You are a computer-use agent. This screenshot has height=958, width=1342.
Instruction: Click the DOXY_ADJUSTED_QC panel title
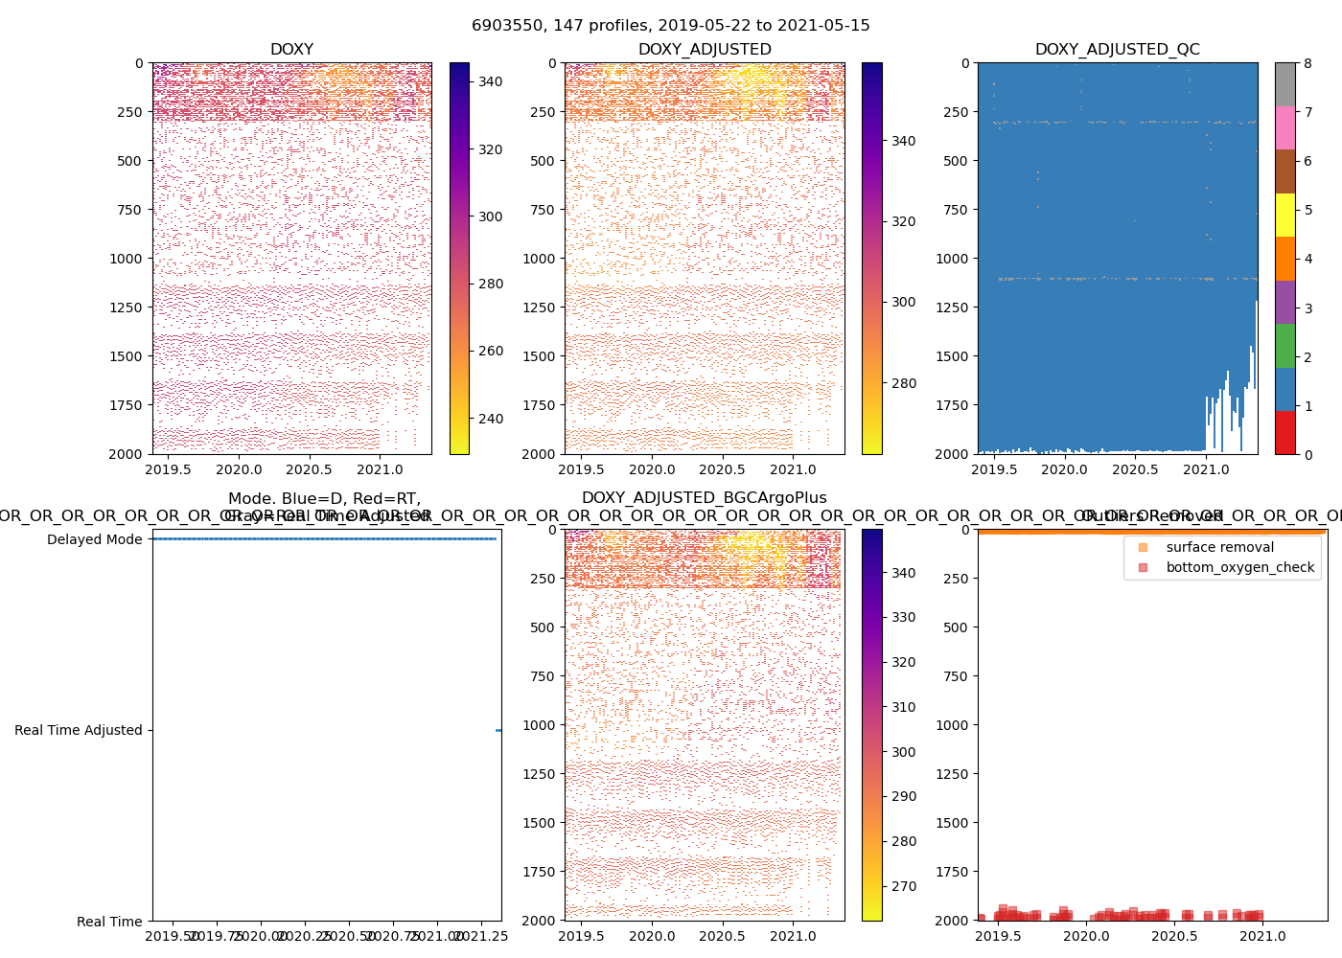point(1117,50)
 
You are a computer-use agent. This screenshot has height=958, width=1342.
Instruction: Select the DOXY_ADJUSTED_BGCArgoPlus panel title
point(704,498)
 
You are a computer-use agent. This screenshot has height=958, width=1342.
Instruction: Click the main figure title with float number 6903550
point(671,26)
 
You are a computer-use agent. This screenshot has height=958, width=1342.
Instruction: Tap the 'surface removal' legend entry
point(1219,547)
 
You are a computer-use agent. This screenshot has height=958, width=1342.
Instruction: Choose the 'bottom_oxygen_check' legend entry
point(1239,567)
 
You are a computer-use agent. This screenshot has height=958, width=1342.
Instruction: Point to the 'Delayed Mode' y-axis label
point(94,539)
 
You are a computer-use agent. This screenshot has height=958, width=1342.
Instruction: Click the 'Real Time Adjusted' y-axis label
point(78,730)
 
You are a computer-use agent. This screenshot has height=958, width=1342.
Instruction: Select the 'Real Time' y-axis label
point(109,922)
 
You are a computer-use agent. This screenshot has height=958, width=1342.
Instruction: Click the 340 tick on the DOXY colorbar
point(491,82)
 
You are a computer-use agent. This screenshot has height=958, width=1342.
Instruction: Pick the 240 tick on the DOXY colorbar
point(491,419)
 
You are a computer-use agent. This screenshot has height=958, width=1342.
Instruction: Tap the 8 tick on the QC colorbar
point(1307,63)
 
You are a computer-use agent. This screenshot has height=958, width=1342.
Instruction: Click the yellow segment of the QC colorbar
point(1284,216)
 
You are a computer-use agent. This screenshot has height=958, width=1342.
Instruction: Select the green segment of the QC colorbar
point(1284,346)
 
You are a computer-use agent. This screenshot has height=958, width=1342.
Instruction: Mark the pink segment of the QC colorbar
point(1284,128)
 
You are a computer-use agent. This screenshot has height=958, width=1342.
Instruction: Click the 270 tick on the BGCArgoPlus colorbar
point(903,886)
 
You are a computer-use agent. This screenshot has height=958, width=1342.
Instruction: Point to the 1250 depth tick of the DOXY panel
point(125,308)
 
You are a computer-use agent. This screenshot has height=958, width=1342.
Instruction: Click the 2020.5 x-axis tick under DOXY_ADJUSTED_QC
point(1135,469)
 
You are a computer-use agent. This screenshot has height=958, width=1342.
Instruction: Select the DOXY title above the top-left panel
point(291,50)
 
